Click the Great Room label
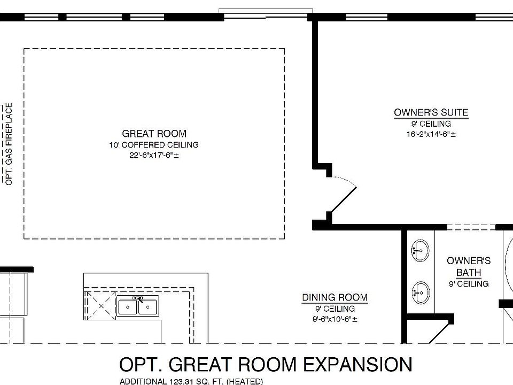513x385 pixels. (x=154, y=134)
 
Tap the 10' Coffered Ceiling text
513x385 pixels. (x=154, y=145)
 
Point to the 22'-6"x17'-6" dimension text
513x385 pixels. (x=154, y=155)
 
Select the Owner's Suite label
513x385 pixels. (x=431, y=113)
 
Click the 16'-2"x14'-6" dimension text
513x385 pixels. (x=431, y=134)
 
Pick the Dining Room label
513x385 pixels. (x=335, y=298)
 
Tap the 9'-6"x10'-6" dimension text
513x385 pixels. (x=335, y=319)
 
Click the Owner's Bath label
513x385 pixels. (x=469, y=266)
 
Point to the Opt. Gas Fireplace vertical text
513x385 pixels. (x=9, y=144)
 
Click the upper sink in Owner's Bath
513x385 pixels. (x=420, y=250)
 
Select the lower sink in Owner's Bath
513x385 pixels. (x=421, y=292)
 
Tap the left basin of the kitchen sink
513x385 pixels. (x=127, y=307)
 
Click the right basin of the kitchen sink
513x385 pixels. (x=148, y=307)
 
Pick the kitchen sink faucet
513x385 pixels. (x=139, y=299)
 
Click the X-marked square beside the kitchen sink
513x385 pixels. (x=101, y=306)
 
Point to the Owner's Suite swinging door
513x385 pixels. (x=344, y=199)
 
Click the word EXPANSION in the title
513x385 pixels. (x=357, y=364)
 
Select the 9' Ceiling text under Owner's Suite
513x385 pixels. (x=431, y=124)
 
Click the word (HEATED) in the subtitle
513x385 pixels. (x=244, y=381)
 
